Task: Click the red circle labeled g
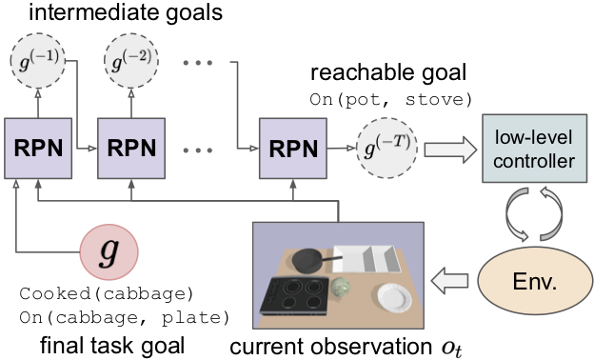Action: coord(109,252)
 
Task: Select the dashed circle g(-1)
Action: coord(38,61)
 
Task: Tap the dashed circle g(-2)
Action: coord(131,61)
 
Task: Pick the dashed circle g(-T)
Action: coord(386,148)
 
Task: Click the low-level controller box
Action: coord(534,149)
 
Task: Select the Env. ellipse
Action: coord(535,281)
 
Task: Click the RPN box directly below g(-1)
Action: coord(38,149)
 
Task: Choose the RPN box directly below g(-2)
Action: coord(131,149)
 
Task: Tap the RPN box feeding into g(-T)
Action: coord(293,149)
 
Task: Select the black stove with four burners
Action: coord(294,296)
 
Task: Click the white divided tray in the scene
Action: coord(366,259)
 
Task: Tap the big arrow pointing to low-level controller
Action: coord(450,150)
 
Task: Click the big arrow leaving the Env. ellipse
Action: coord(449,280)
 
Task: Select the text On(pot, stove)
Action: coord(391,100)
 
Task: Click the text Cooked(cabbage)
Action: coord(107,293)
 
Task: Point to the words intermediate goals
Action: coord(126,12)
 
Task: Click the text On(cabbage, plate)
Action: coord(125,317)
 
